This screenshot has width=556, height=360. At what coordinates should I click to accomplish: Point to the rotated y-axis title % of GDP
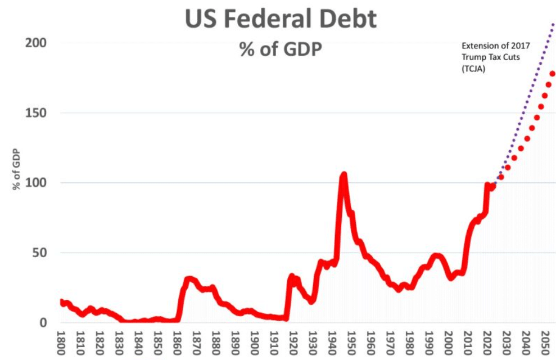point(16,169)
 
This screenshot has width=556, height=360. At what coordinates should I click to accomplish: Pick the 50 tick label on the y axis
point(38,253)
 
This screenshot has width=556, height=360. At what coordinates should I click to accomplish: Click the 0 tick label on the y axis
point(42,323)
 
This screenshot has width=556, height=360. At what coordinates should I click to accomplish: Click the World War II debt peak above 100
point(343,175)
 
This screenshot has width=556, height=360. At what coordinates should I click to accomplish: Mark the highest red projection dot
point(552,74)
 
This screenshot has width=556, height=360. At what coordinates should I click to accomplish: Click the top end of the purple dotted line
point(554,24)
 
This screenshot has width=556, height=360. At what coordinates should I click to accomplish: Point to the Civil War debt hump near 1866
point(189,279)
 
